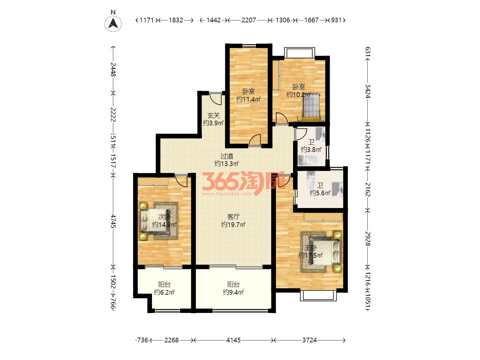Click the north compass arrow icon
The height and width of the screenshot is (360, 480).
(x=113, y=23)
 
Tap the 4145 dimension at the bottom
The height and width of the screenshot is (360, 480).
(x=233, y=340)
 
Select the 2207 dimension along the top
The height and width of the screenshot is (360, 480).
(x=248, y=20)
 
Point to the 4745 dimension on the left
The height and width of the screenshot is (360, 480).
(x=113, y=221)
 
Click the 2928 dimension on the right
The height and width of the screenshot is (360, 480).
(x=368, y=238)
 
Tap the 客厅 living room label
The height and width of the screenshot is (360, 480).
(x=233, y=217)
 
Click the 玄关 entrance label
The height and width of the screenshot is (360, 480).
(x=213, y=115)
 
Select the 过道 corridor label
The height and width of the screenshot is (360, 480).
(x=227, y=156)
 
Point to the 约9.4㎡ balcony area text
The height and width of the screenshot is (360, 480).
(x=233, y=292)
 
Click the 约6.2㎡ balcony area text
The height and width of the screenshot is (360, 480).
(x=164, y=292)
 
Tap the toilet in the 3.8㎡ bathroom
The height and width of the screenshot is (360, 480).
(x=308, y=160)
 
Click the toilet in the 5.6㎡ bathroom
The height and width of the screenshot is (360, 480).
(x=311, y=180)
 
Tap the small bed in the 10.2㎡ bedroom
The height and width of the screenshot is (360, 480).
(x=311, y=106)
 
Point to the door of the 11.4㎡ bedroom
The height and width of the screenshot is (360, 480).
(x=255, y=140)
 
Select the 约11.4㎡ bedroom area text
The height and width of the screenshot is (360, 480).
(x=248, y=99)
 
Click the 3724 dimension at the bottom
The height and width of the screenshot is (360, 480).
(x=309, y=340)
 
